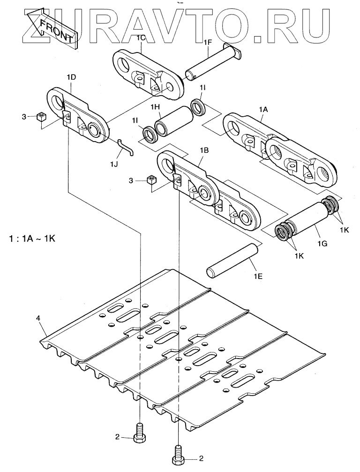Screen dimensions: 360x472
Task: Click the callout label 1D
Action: (71, 77)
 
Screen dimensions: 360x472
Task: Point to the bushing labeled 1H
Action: (174, 120)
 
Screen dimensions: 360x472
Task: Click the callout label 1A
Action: (263, 110)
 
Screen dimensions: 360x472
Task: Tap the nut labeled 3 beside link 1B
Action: (151, 180)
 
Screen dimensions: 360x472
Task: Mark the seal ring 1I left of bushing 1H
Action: (150, 135)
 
